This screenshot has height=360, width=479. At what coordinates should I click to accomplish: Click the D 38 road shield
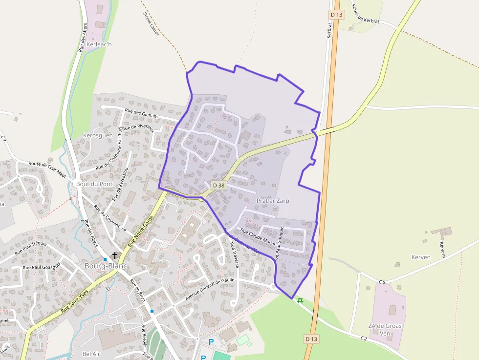tap(219, 186)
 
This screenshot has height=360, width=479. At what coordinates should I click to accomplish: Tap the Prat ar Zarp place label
tap(272, 201)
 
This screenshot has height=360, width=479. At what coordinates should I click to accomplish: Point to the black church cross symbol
tap(115, 255)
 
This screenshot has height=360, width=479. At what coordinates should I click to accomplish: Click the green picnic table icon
tap(300, 300)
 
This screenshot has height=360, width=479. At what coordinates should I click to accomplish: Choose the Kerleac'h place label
tap(97, 44)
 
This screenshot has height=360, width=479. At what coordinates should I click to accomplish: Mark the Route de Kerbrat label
tap(365, 21)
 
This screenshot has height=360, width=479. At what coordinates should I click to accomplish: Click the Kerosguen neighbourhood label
tap(98, 135)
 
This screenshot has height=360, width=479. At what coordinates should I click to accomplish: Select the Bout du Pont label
tap(94, 184)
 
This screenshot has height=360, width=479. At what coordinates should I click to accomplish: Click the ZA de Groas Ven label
tap(385, 330)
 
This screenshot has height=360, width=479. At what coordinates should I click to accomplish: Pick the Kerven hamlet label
tap(421, 257)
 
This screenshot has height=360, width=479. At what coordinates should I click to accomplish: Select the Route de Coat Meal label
tap(47, 169)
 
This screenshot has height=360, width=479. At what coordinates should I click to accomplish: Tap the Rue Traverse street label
tap(234, 255)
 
